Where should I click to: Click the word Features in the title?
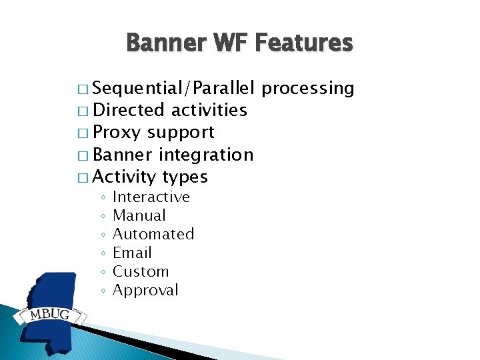pyautogui.click(x=304, y=42)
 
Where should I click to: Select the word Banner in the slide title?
pyautogui.click(x=166, y=42)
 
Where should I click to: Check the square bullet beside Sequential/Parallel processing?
pyautogui.click(x=83, y=89)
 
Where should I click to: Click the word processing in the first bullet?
pyautogui.click(x=307, y=89)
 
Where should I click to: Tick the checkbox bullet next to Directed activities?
pyautogui.click(x=83, y=111)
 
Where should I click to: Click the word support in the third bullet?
pyautogui.click(x=181, y=133)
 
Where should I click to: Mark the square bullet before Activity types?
pyautogui.click(x=83, y=178)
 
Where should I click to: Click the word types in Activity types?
pyautogui.click(x=185, y=177)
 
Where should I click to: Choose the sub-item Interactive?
pyautogui.click(x=151, y=197)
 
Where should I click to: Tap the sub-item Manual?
pyautogui.click(x=139, y=215)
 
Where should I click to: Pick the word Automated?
pyautogui.click(x=153, y=234)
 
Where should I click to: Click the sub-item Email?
pyautogui.click(x=132, y=253)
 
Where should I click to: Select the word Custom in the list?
pyautogui.click(x=141, y=271)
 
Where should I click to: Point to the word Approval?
pyautogui.click(x=145, y=291)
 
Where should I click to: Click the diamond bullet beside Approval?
pyautogui.click(x=103, y=291)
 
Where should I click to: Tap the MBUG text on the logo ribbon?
pyautogui.click(x=49, y=315)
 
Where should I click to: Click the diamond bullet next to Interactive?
pyautogui.click(x=103, y=197)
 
